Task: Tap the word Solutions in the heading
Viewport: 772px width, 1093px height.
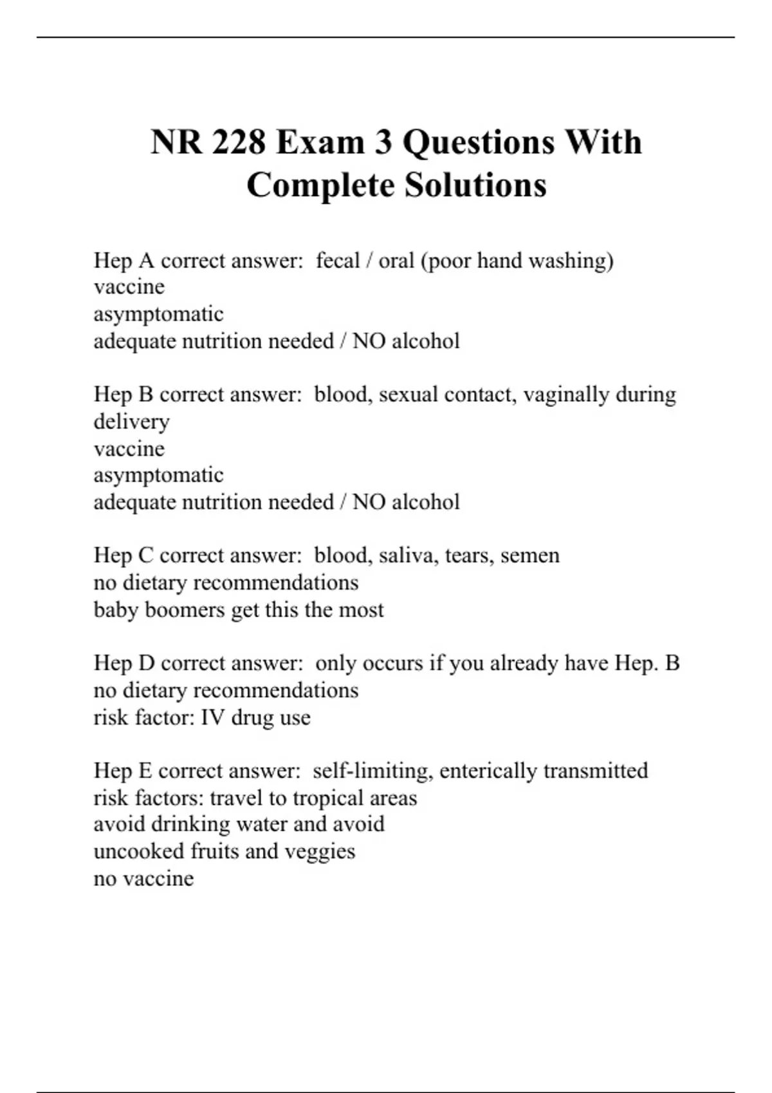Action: (x=475, y=186)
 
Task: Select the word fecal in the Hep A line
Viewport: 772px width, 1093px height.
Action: (x=338, y=261)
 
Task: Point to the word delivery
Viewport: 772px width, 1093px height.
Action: (x=132, y=422)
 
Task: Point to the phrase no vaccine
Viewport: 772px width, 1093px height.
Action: (x=143, y=878)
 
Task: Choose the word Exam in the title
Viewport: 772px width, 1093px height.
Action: (x=320, y=142)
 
